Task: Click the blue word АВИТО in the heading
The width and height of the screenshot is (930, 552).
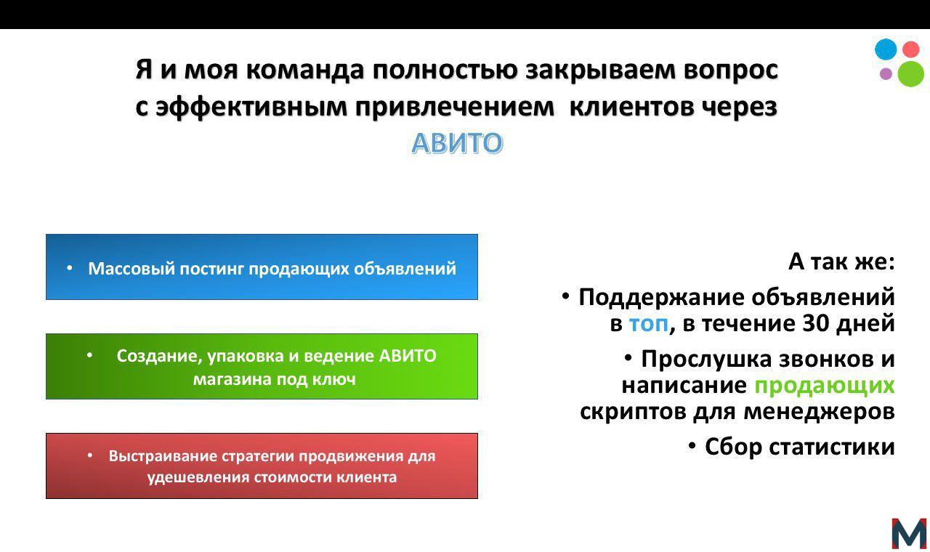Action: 457,143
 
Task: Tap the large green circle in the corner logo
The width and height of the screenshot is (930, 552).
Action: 910,74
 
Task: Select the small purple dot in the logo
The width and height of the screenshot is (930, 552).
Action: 886,74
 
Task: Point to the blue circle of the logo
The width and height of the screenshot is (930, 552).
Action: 886,49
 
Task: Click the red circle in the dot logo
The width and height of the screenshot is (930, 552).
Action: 910,49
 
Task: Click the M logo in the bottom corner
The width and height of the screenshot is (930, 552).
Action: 909,534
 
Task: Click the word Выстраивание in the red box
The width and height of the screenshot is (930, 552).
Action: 163,456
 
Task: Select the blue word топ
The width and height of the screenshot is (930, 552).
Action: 649,324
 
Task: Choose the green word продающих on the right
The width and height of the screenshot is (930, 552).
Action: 824,386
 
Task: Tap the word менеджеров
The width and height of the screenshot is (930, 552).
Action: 819,412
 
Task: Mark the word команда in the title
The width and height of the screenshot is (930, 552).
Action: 304,70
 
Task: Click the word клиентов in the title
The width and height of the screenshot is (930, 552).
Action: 631,107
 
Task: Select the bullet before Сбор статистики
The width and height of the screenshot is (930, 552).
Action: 692,446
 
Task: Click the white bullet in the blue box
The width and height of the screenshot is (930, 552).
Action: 69,268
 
